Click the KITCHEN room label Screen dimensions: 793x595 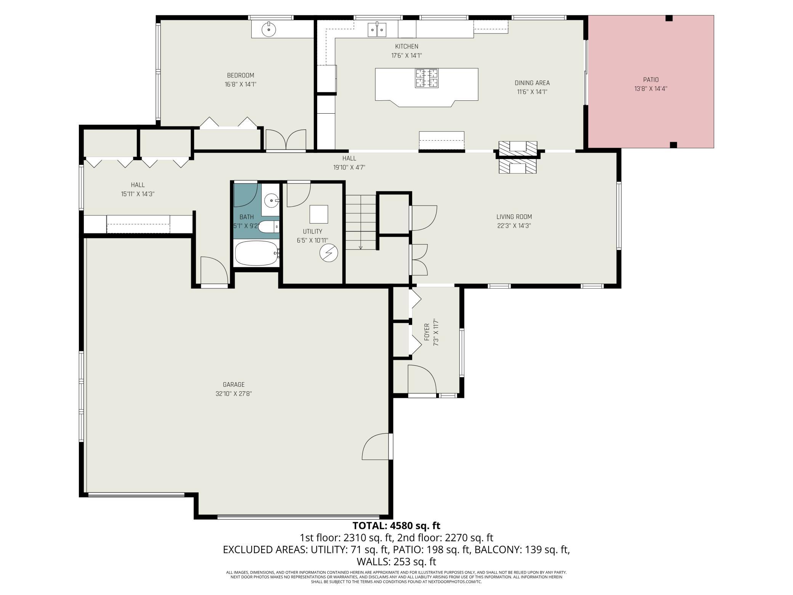(x=406, y=47)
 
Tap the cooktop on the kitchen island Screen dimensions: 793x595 (x=427, y=78)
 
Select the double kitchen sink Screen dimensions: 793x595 (x=377, y=30)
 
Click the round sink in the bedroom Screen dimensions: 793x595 (x=269, y=29)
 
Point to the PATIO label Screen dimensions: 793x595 (x=651, y=80)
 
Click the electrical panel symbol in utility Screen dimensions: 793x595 (x=329, y=252)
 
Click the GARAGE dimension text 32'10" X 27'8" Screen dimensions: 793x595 (x=234, y=394)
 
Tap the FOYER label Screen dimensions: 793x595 (x=427, y=332)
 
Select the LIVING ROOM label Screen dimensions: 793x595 (x=514, y=217)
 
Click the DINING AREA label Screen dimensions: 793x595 (x=532, y=83)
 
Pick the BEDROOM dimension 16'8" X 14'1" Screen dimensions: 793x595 (x=241, y=84)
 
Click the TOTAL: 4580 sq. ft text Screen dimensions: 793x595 (x=396, y=526)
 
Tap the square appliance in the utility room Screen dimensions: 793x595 (x=319, y=214)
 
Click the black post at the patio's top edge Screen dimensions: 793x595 (x=669, y=18)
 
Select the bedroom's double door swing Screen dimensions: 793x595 (x=286, y=140)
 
